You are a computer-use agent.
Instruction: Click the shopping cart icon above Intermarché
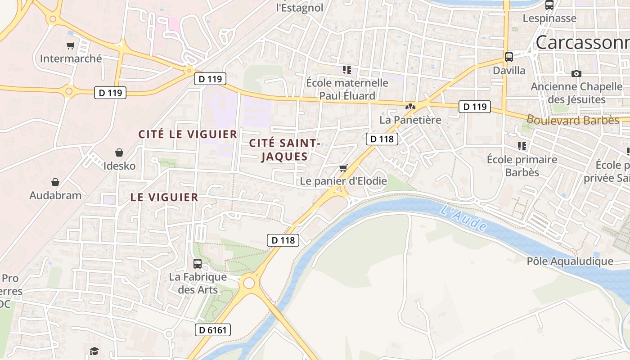(70, 45)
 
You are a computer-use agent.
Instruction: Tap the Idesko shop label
(119, 166)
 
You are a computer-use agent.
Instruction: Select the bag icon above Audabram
(55, 182)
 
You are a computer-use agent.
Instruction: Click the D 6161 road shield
(213, 330)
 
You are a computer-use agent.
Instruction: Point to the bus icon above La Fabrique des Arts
(198, 264)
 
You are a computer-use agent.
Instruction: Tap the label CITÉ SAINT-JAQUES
(284, 150)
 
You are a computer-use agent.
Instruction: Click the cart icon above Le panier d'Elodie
(343, 168)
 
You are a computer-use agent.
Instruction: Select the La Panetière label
(410, 120)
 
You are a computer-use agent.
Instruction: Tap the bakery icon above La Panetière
(410, 107)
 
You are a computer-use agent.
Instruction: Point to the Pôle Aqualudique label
(570, 261)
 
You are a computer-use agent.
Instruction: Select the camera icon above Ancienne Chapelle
(576, 73)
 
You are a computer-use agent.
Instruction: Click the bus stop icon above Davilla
(509, 57)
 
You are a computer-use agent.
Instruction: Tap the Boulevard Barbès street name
(573, 120)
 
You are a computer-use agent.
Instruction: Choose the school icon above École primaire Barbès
(522, 146)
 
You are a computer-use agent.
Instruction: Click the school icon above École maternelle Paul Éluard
(346, 69)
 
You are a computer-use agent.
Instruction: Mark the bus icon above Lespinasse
(549, 5)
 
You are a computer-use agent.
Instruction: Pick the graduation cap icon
(94, 351)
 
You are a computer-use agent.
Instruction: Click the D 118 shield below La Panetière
(382, 139)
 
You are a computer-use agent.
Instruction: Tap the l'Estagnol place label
(299, 8)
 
